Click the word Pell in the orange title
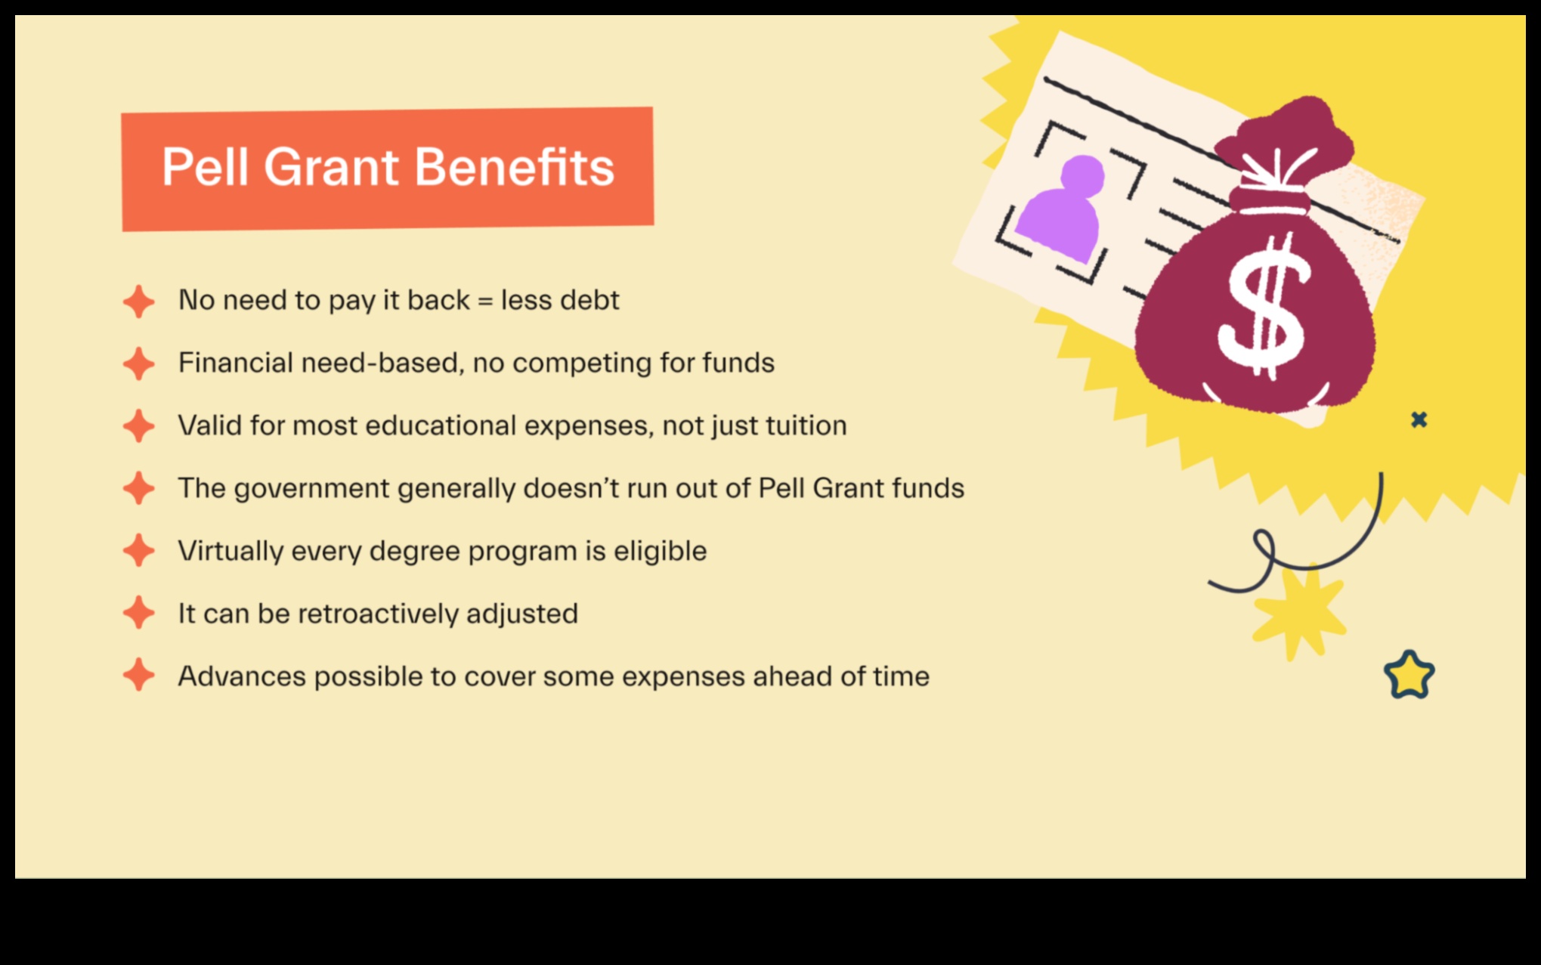click(x=205, y=167)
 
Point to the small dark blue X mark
click(x=1419, y=419)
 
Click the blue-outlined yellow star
click(x=1409, y=675)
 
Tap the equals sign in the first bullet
click(x=485, y=301)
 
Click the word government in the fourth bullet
click(x=311, y=489)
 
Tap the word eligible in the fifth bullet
click(x=660, y=551)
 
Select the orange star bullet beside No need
click(x=139, y=302)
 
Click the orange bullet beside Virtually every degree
click(x=139, y=550)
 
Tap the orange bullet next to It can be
click(x=139, y=613)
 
